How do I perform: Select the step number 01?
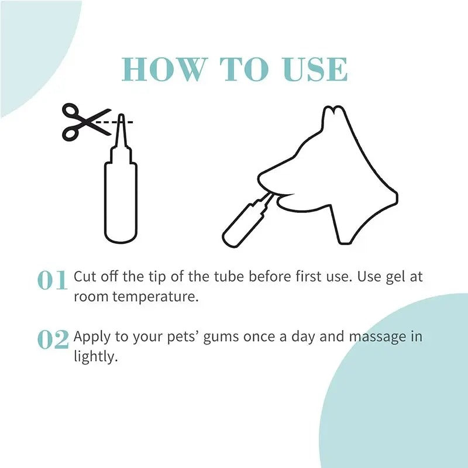coord(53,281)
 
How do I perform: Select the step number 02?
coord(53,340)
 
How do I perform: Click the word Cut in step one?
coord(84,277)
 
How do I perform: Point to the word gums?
coord(219,338)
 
